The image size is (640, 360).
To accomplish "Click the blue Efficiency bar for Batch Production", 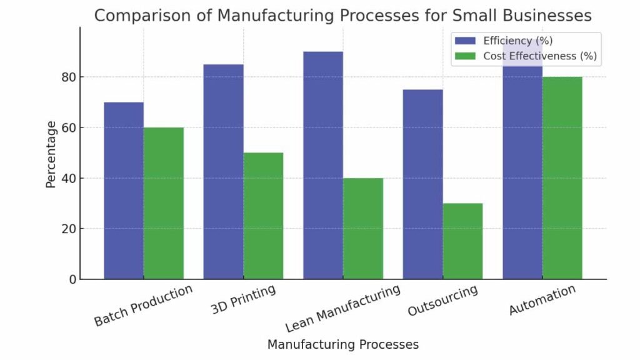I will (124, 191).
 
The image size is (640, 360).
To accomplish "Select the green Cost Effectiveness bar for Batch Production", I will (164, 203).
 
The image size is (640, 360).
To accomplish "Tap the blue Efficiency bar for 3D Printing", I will (223, 172).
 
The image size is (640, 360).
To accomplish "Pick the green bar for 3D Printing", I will (263, 216).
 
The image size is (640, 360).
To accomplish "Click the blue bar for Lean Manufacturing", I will (323, 166).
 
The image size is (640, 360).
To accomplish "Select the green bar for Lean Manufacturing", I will (363, 228).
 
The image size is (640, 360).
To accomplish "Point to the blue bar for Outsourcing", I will (423, 184).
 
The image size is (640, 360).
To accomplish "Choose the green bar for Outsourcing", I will (462, 241).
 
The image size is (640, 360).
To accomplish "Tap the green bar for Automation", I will (562, 178).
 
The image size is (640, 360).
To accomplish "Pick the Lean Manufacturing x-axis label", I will (342, 309).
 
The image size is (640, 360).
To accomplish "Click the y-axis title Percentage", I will (51, 154).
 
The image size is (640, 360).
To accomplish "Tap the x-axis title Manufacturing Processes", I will (342, 344).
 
